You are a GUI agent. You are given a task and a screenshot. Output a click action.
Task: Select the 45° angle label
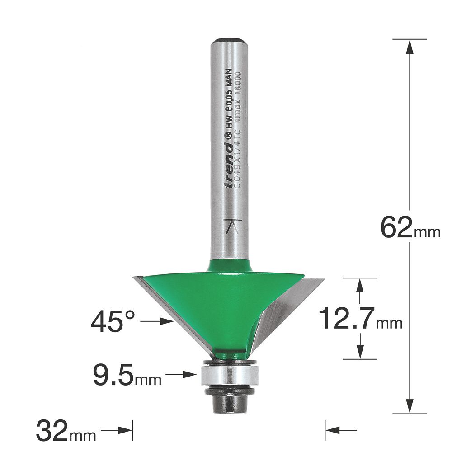click(113, 322)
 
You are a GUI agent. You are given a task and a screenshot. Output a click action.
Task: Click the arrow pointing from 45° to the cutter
click(158, 322)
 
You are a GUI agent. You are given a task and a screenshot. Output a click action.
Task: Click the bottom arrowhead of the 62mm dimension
click(410, 407)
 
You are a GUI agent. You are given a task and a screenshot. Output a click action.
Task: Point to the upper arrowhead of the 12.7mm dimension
click(360, 284)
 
